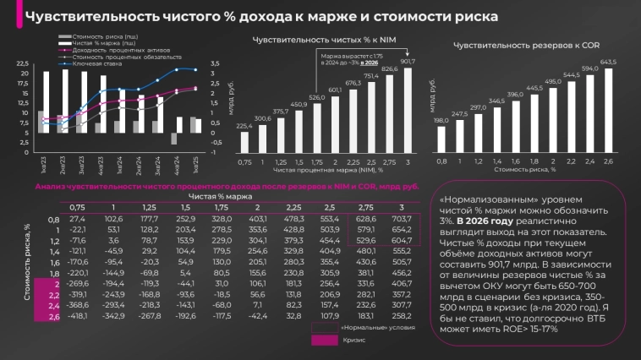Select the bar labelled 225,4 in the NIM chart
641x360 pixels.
(x=244, y=141)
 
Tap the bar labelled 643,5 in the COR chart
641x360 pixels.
(x=606, y=109)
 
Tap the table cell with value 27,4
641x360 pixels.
(x=78, y=218)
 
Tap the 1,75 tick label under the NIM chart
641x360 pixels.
(x=315, y=161)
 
